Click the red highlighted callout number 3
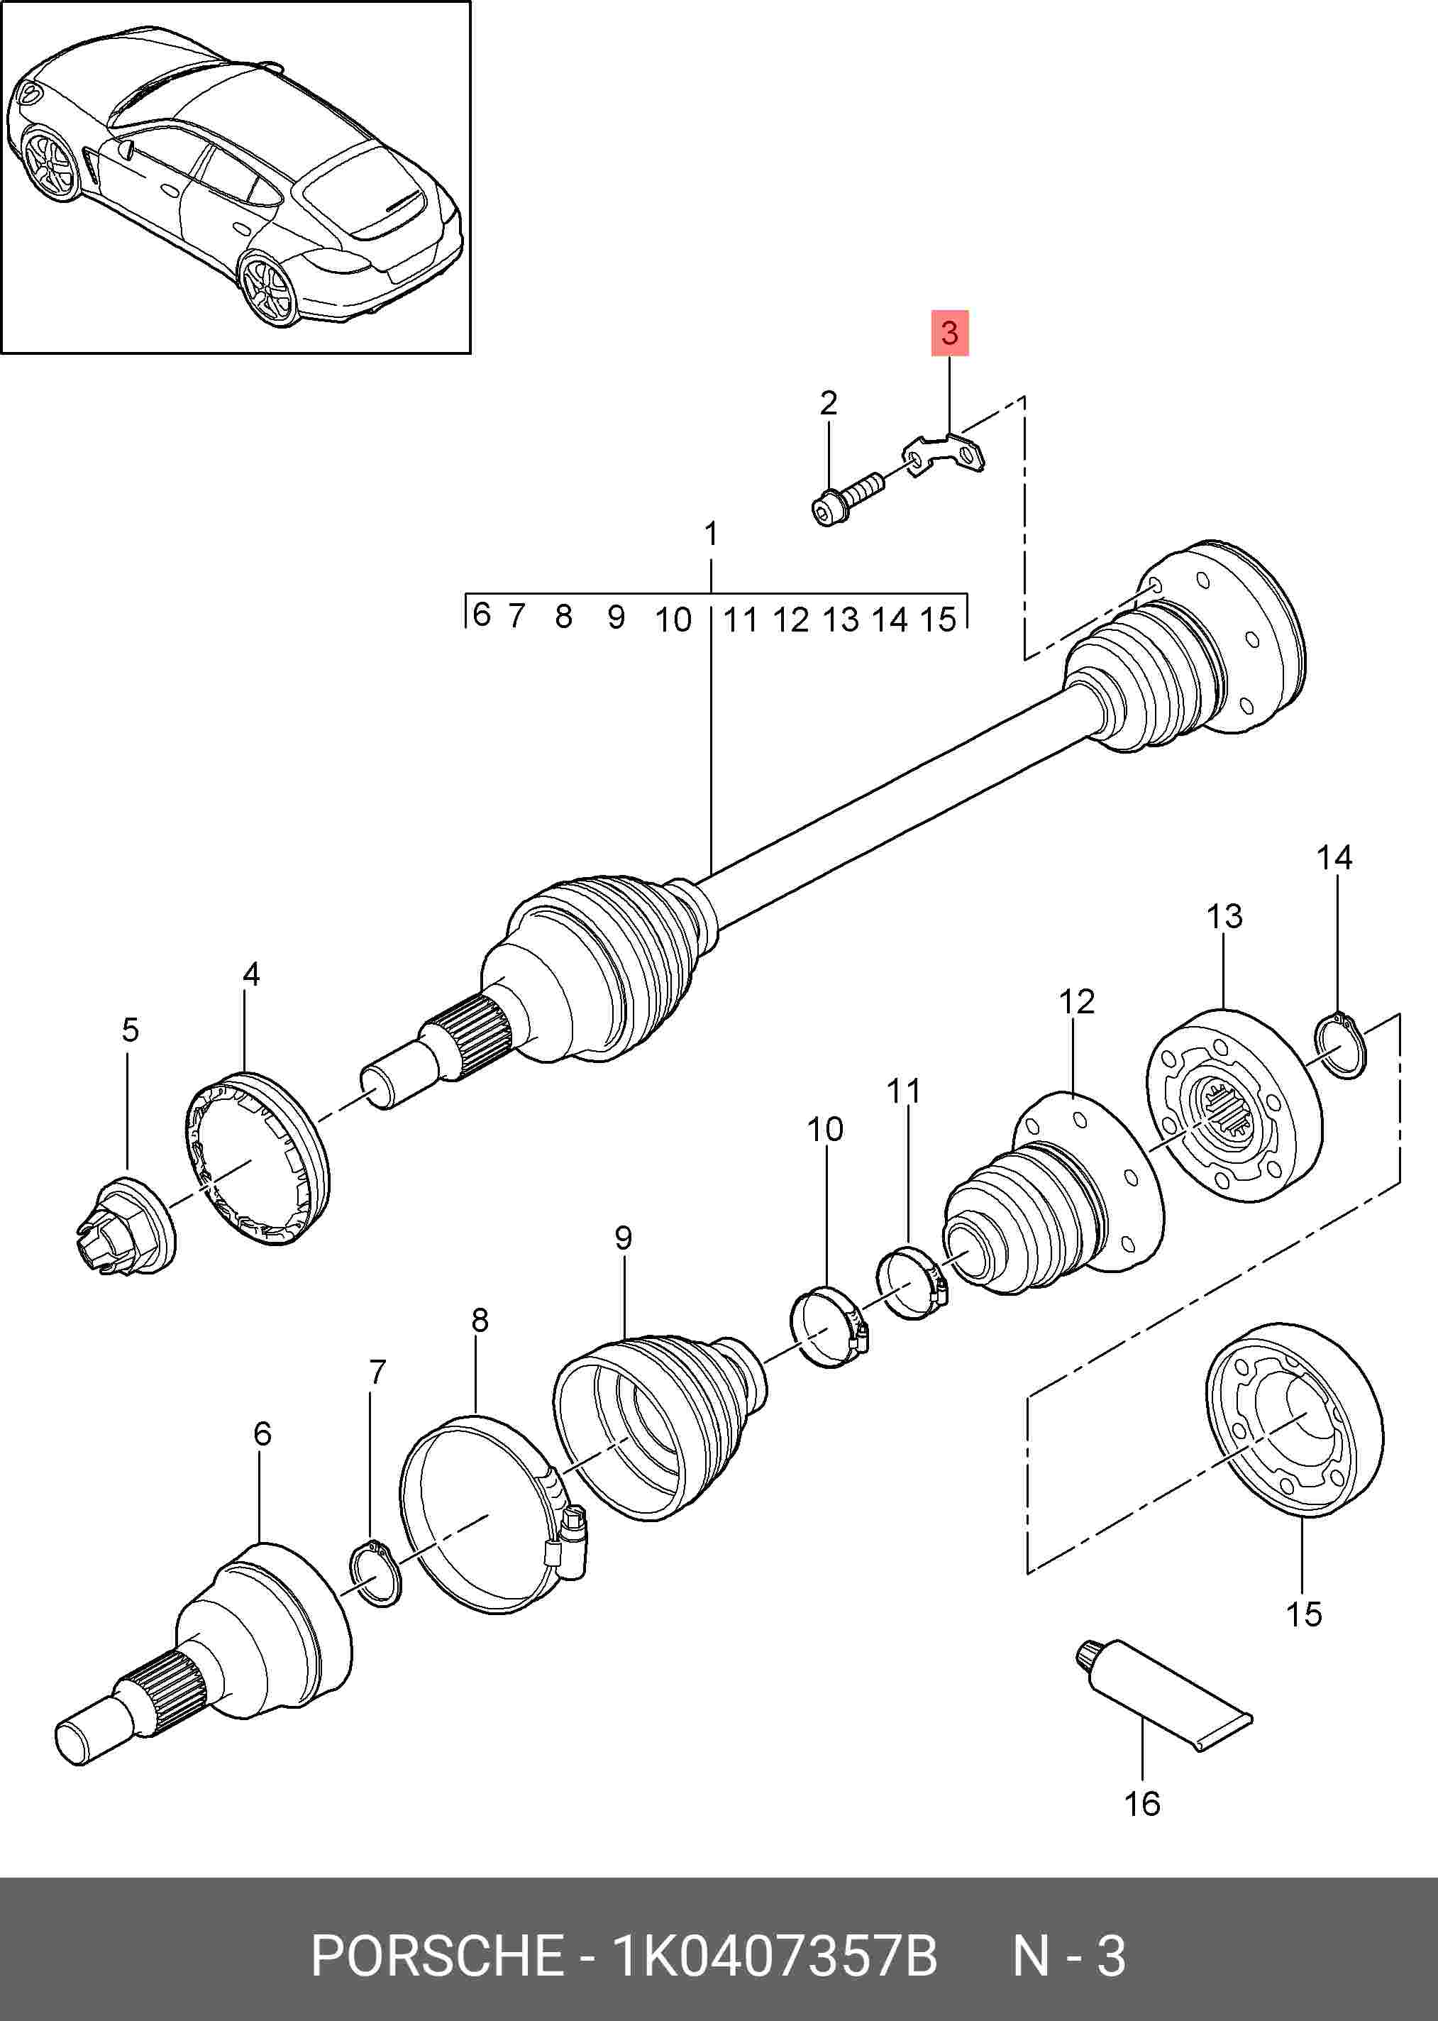(949, 333)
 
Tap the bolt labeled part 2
(846, 500)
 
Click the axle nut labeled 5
(124, 1228)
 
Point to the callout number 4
(251, 974)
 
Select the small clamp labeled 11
(911, 1282)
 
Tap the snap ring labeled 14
(1342, 1047)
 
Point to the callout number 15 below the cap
(1303, 1614)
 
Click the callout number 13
(1224, 915)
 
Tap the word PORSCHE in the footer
(436, 1956)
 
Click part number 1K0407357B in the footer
(774, 1956)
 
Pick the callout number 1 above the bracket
(710, 534)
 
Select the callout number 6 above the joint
(262, 1433)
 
